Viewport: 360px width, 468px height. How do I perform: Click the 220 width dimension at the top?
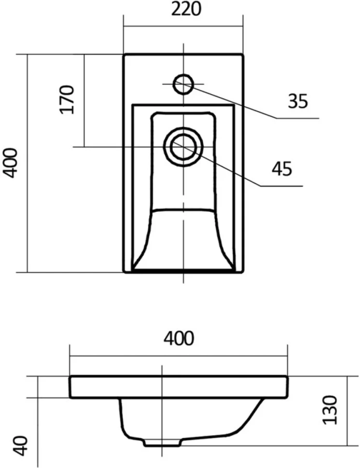186,9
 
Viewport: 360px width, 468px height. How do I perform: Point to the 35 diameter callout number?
298,101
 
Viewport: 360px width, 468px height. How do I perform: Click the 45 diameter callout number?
281,169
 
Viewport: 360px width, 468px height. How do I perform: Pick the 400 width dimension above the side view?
179,338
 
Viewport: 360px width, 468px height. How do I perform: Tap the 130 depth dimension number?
330,410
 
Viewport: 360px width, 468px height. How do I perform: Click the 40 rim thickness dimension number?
21,446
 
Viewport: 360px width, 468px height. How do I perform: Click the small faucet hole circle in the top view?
183,84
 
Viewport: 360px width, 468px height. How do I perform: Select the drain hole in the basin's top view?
183,147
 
